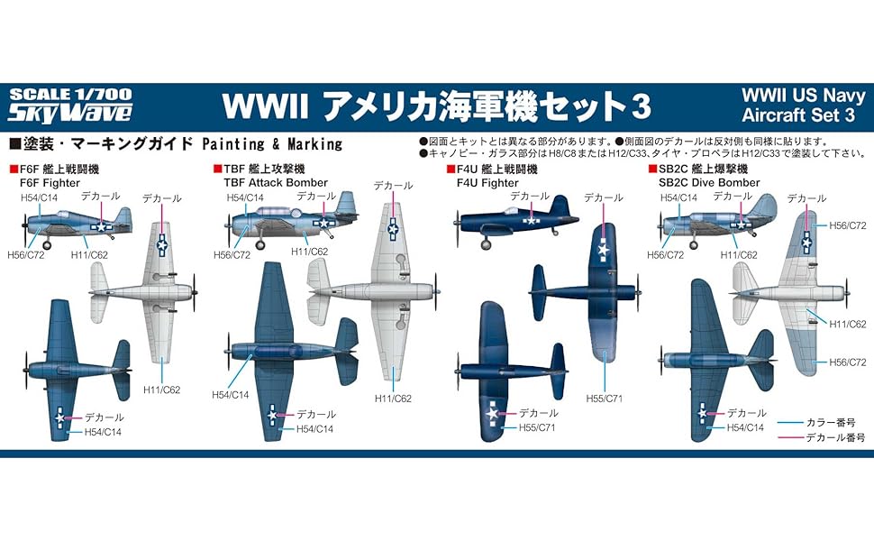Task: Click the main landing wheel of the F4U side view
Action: (x=487, y=242)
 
